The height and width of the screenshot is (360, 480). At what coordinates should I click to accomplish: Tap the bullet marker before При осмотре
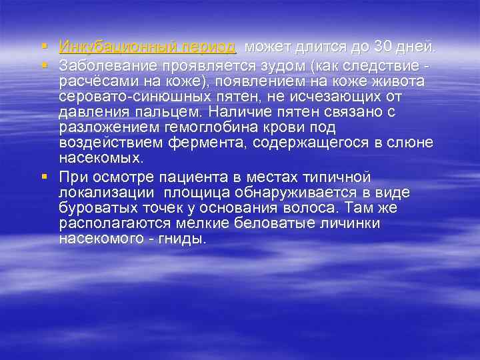(x=43, y=177)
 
